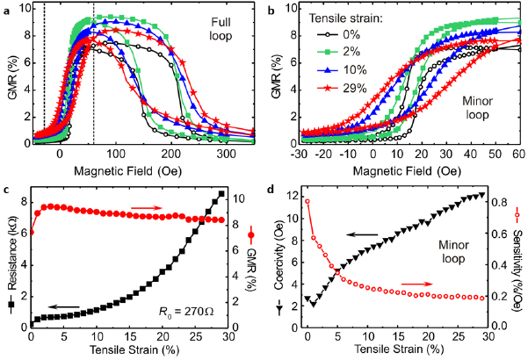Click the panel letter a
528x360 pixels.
click(6, 8)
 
